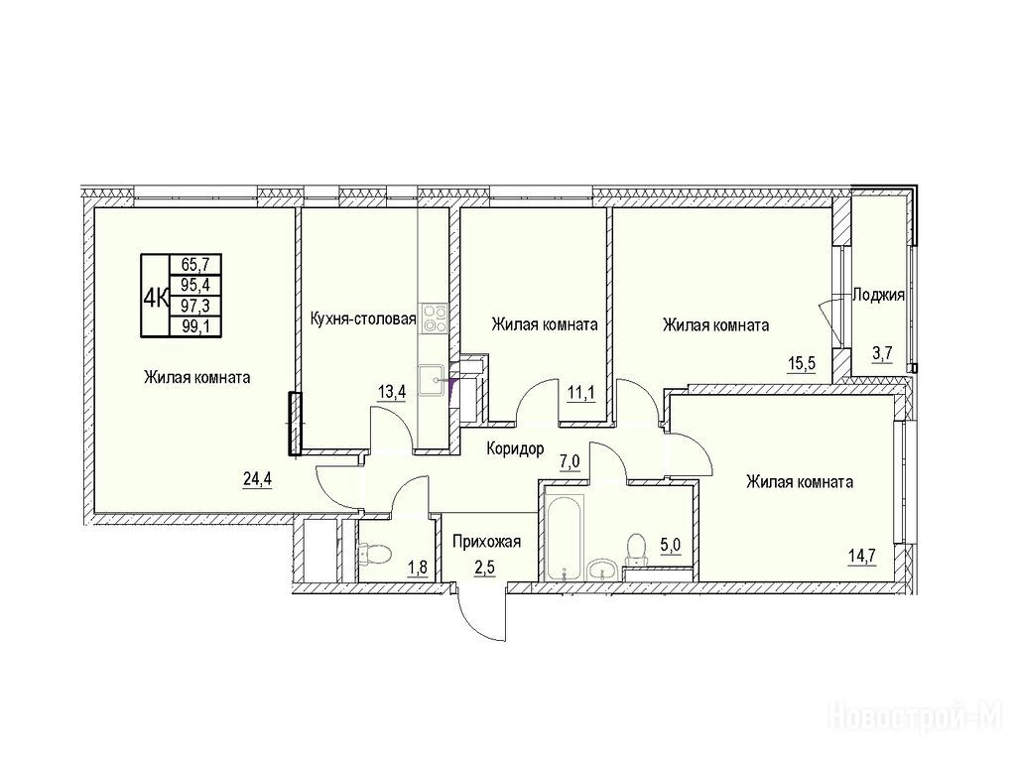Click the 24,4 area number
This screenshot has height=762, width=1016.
click(257, 479)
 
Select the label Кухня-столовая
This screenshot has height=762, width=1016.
click(363, 318)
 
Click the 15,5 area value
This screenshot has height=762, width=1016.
click(801, 362)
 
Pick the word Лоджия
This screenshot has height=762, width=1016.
click(878, 296)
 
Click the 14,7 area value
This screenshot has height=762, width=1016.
click(862, 556)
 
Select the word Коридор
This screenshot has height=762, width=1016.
click(515, 448)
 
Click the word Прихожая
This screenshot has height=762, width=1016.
click(486, 541)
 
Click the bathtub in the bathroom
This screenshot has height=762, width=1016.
click(565, 537)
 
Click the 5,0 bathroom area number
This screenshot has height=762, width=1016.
click(671, 545)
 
